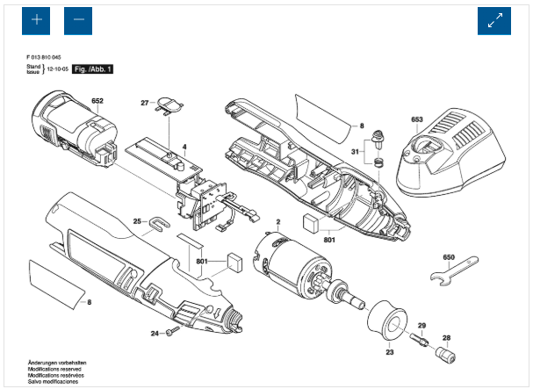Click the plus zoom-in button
point(37,19)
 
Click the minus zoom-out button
point(78,19)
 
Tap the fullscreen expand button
point(493,20)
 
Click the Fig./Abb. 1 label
point(93,68)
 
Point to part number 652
point(97,102)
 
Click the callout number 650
point(449,256)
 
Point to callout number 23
point(389,353)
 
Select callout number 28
point(446,337)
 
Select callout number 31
point(355,151)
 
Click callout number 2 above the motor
point(277,221)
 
